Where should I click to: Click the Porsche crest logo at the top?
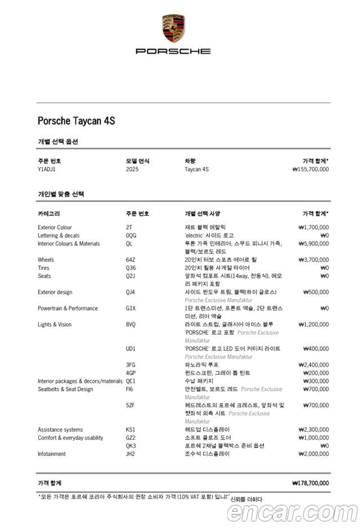click(x=173, y=29)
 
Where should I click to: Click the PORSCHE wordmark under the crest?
click(x=173, y=51)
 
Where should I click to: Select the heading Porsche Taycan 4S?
click(x=76, y=121)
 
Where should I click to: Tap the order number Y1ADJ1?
click(x=47, y=169)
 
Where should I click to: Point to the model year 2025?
click(x=132, y=169)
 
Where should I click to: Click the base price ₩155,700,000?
click(x=310, y=169)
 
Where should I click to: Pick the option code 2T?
click(x=129, y=227)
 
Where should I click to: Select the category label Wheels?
click(x=46, y=260)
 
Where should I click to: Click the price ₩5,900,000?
click(x=313, y=244)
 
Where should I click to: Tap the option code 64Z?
click(x=130, y=260)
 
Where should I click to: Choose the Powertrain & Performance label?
click(x=67, y=309)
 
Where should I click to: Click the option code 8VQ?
click(x=131, y=325)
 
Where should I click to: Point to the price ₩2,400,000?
click(x=313, y=365)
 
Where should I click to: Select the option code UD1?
click(x=130, y=349)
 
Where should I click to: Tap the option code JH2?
click(x=130, y=454)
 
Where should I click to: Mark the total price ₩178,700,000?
click(x=310, y=483)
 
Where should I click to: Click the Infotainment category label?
click(x=52, y=454)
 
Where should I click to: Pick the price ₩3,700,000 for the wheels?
click(x=313, y=260)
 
